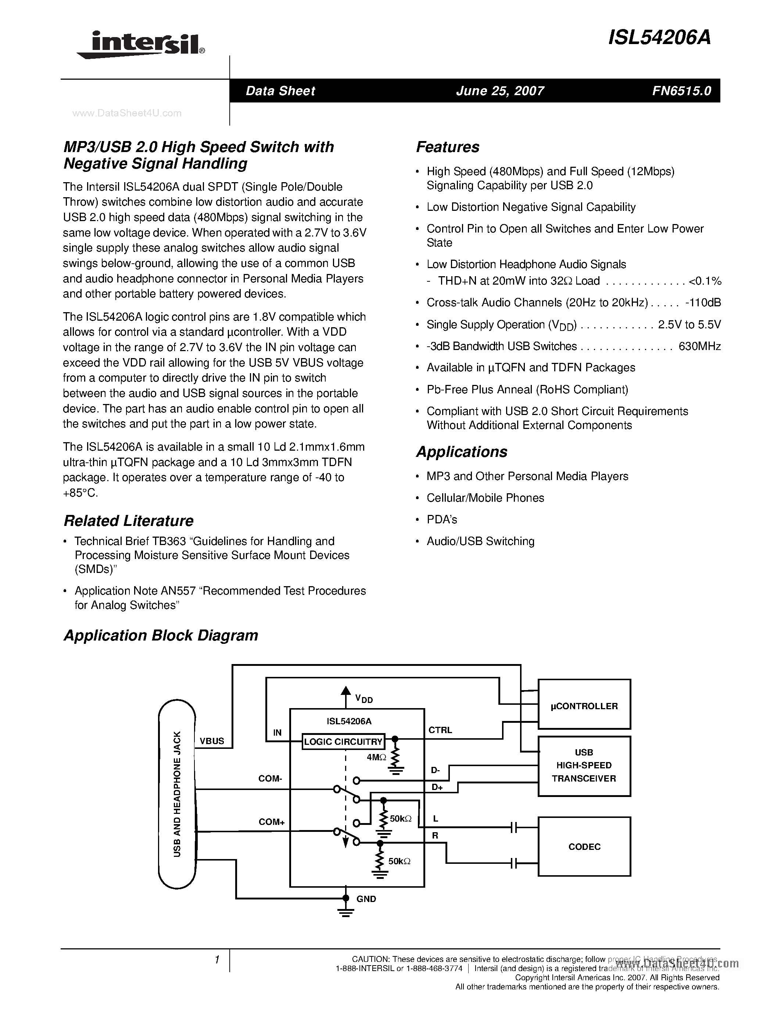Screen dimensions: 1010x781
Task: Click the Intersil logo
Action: point(141,44)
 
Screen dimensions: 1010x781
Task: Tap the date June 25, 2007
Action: point(500,91)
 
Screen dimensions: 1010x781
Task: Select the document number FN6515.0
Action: point(681,91)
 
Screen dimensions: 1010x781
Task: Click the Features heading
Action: point(447,147)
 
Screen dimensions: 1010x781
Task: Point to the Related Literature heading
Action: point(128,521)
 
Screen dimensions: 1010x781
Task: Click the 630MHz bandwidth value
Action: point(699,346)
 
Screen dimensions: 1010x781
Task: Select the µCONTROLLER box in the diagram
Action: point(584,706)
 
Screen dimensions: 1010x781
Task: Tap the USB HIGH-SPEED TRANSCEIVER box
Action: point(584,766)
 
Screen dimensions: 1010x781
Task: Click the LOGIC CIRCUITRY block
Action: point(343,742)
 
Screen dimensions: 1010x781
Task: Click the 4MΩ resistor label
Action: point(376,757)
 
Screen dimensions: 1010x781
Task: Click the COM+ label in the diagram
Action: point(271,822)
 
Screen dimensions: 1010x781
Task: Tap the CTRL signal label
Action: point(440,730)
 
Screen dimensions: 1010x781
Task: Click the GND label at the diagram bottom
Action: point(366,899)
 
